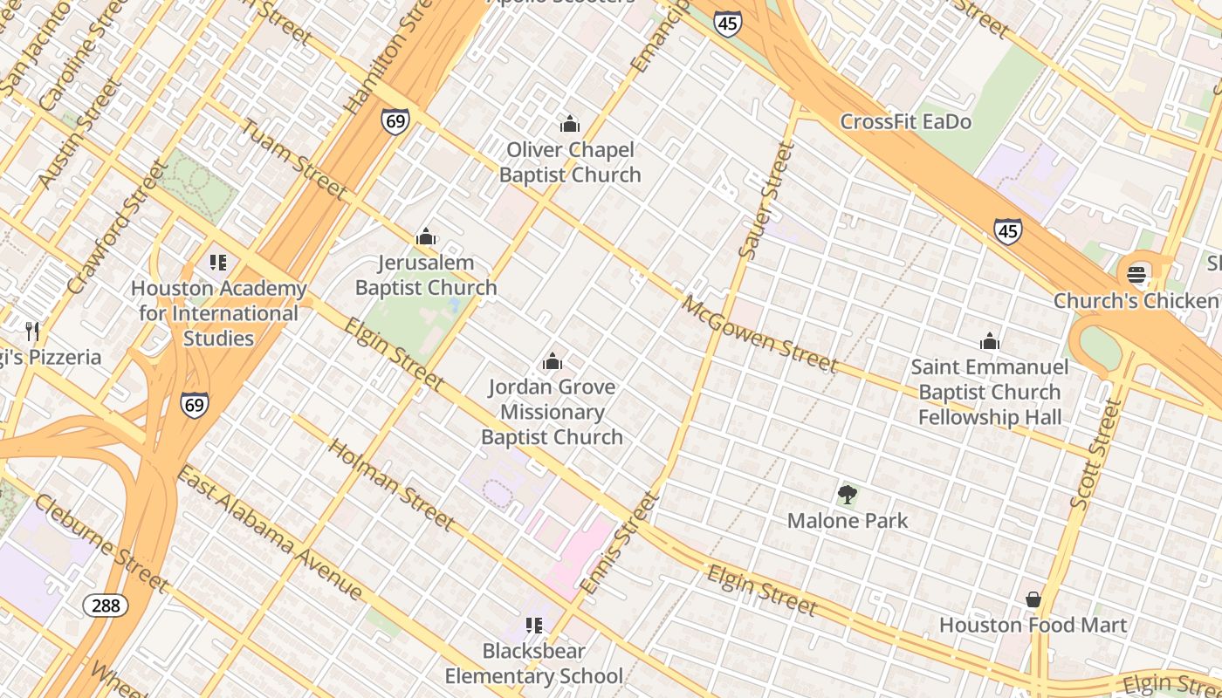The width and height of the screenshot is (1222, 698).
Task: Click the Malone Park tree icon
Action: tap(847, 496)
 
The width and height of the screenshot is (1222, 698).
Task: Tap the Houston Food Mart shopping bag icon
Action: tap(1033, 599)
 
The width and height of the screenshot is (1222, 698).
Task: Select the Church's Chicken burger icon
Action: tap(1136, 275)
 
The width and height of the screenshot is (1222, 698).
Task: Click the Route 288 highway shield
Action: tap(106, 605)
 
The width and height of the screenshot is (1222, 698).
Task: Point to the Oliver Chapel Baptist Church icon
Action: tap(570, 124)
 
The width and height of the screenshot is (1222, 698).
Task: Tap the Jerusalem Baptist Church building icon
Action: tap(426, 236)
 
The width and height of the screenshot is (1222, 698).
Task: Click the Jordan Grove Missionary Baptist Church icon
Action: tap(552, 361)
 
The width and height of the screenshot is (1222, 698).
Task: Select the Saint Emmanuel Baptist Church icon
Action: tap(989, 341)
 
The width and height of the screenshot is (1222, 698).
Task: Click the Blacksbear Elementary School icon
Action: tap(533, 626)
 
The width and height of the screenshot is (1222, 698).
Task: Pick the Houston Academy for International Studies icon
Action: tap(218, 262)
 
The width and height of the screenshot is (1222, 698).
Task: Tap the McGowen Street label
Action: tap(759, 334)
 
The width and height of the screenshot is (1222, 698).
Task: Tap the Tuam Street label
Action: tap(293, 160)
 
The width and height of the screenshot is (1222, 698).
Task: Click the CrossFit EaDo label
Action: tap(905, 122)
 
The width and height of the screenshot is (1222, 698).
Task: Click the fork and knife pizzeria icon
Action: tap(32, 331)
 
